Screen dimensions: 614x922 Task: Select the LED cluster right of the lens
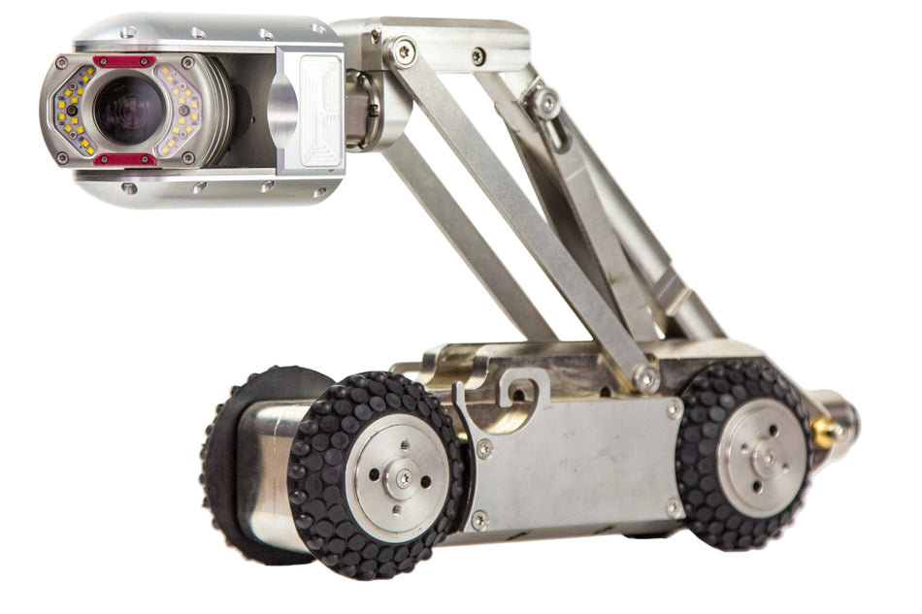tap(181, 109)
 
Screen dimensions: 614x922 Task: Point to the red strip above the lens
tap(124, 61)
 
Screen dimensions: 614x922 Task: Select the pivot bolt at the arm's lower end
tap(642, 375)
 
